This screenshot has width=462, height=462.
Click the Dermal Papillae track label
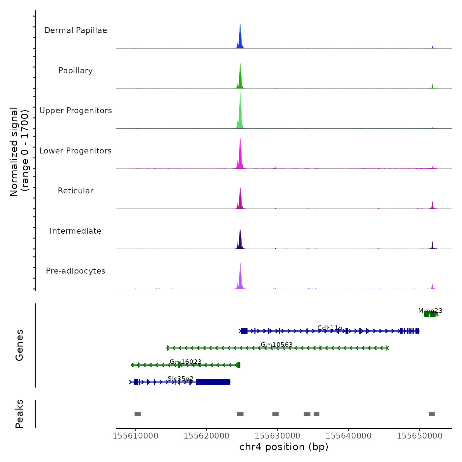click(x=76, y=30)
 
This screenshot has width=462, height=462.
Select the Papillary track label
click(x=76, y=71)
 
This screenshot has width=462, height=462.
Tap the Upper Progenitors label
click(x=76, y=111)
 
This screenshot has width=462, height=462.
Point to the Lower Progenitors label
click(x=76, y=151)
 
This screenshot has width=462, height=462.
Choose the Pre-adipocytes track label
click(x=76, y=271)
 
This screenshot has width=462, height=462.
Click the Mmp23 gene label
click(x=430, y=311)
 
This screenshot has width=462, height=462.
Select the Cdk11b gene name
click(x=330, y=328)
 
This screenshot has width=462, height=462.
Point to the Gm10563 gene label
click(x=277, y=345)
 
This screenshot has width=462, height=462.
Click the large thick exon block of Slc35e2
click(x=213, y=382)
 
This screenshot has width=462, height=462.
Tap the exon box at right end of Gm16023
click(x=239, y=365)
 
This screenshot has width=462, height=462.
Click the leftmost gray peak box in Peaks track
click(x=138, y=414)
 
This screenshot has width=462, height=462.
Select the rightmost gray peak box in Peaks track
click(x=432, y=414)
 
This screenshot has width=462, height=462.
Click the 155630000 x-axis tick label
click(x=278, y=436)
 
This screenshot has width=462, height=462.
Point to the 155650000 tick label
click(x=419, y=436)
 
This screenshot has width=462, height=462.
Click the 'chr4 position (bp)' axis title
click(x=284, y=447)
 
